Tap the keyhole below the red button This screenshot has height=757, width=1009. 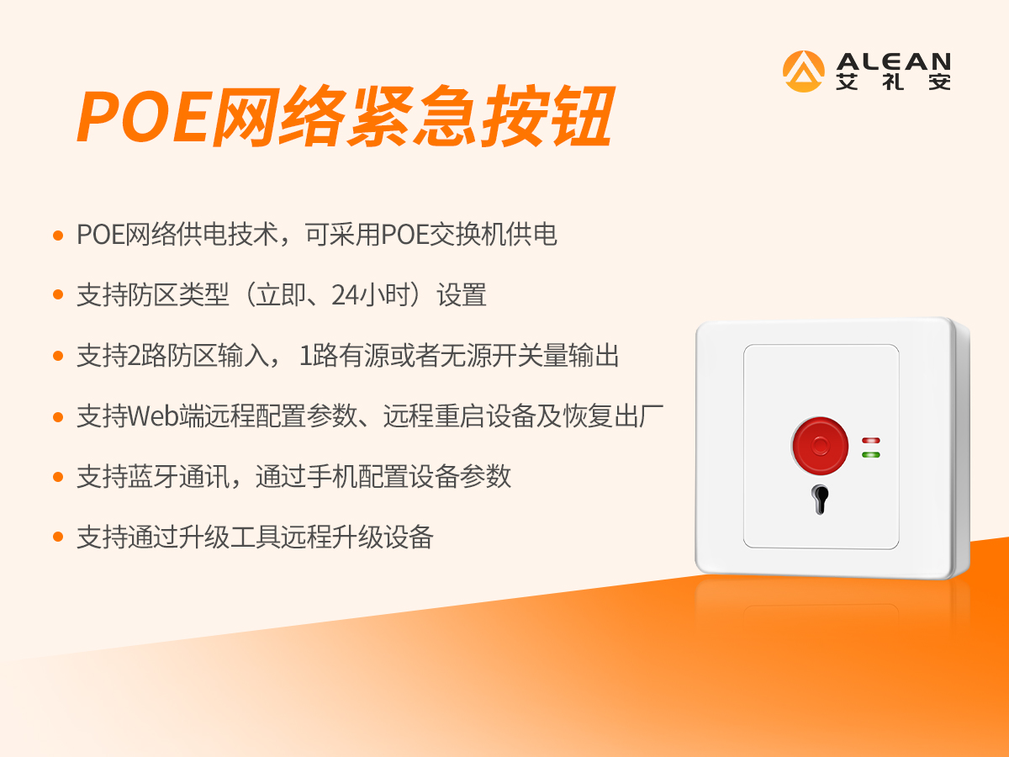point(819,498)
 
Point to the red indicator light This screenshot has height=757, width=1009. point(870,439)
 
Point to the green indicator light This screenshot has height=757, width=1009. point(870,454)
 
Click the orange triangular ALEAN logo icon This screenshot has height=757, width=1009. point(803,71)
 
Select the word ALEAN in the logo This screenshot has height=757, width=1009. point(894,61)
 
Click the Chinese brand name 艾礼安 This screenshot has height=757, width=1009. point(894,82)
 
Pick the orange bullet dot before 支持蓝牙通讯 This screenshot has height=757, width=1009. point(58,477)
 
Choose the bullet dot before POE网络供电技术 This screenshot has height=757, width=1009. point(58,235)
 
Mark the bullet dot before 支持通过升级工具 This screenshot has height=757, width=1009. point(58,537)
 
